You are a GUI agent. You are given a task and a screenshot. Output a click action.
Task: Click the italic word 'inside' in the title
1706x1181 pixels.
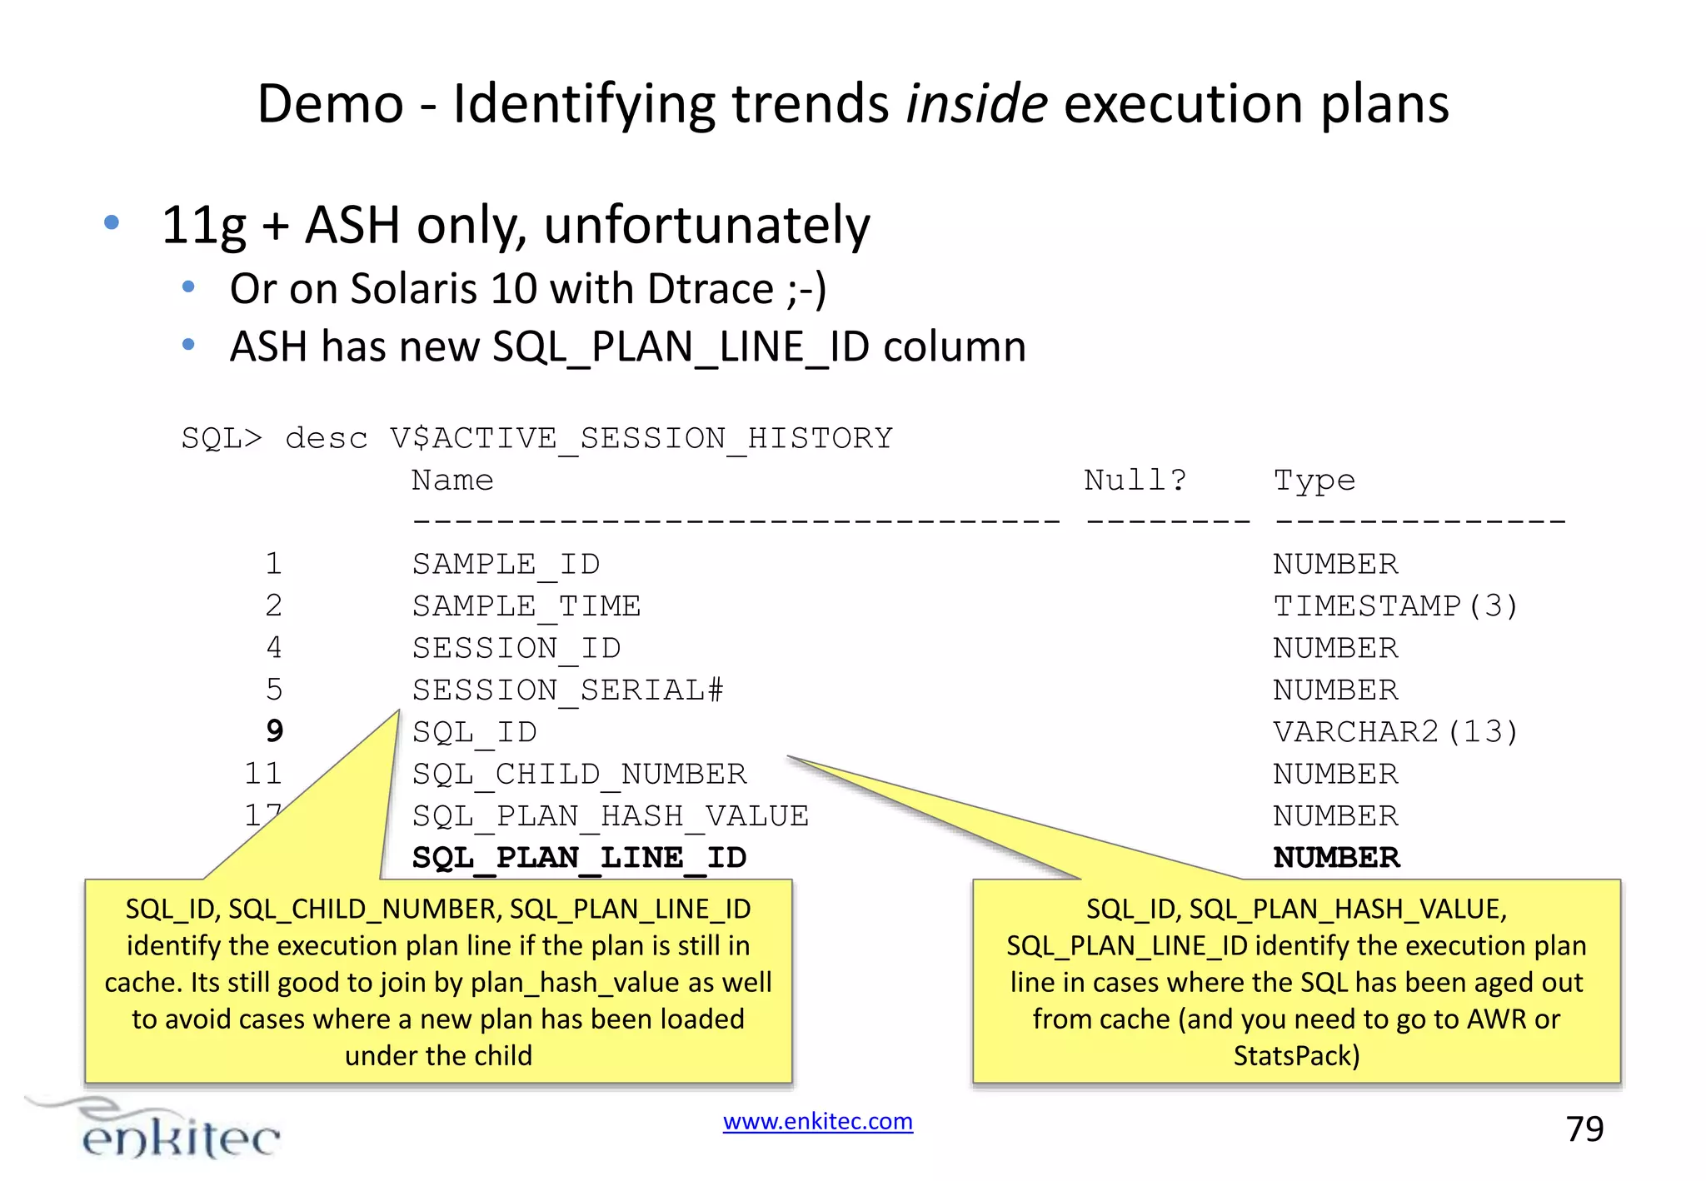coord(976,104)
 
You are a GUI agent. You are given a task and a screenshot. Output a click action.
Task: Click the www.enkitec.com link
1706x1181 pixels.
coord(817,1121)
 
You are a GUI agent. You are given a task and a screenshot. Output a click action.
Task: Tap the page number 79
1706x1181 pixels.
coord(1584,1129)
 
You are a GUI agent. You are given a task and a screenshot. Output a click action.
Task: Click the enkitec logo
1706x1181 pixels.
coord(167,1131)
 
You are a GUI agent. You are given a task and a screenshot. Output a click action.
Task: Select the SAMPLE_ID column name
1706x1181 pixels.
coord(506,564)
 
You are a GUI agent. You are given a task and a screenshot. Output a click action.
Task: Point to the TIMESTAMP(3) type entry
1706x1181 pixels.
coord(1395,605)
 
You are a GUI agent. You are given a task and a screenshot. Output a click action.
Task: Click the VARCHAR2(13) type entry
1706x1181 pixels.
coord(1395,731)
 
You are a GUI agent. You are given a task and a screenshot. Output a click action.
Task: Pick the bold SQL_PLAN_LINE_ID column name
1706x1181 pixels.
coord(579,857)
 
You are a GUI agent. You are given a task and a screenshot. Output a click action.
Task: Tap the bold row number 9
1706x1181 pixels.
coord(274,731)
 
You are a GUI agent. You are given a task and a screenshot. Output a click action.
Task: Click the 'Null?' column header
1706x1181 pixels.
coord(1135,480)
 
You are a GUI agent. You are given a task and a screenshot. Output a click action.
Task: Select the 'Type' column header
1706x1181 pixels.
coord(1314,480)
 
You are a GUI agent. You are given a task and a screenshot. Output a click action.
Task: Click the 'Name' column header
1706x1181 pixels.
coord(452,480)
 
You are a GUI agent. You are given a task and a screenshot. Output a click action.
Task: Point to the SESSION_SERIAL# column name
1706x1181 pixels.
coord(567,690)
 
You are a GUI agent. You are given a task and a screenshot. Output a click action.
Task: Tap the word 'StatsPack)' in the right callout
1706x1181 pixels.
coord(1296,1055)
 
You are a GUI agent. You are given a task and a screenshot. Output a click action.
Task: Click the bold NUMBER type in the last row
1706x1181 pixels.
coord(1336,857)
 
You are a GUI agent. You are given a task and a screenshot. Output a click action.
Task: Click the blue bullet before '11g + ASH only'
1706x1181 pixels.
coord(112,222)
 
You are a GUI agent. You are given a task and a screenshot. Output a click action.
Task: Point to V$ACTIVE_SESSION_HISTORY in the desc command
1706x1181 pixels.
coord(641,438)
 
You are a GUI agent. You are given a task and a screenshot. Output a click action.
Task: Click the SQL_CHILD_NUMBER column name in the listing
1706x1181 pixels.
coord(579,774)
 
